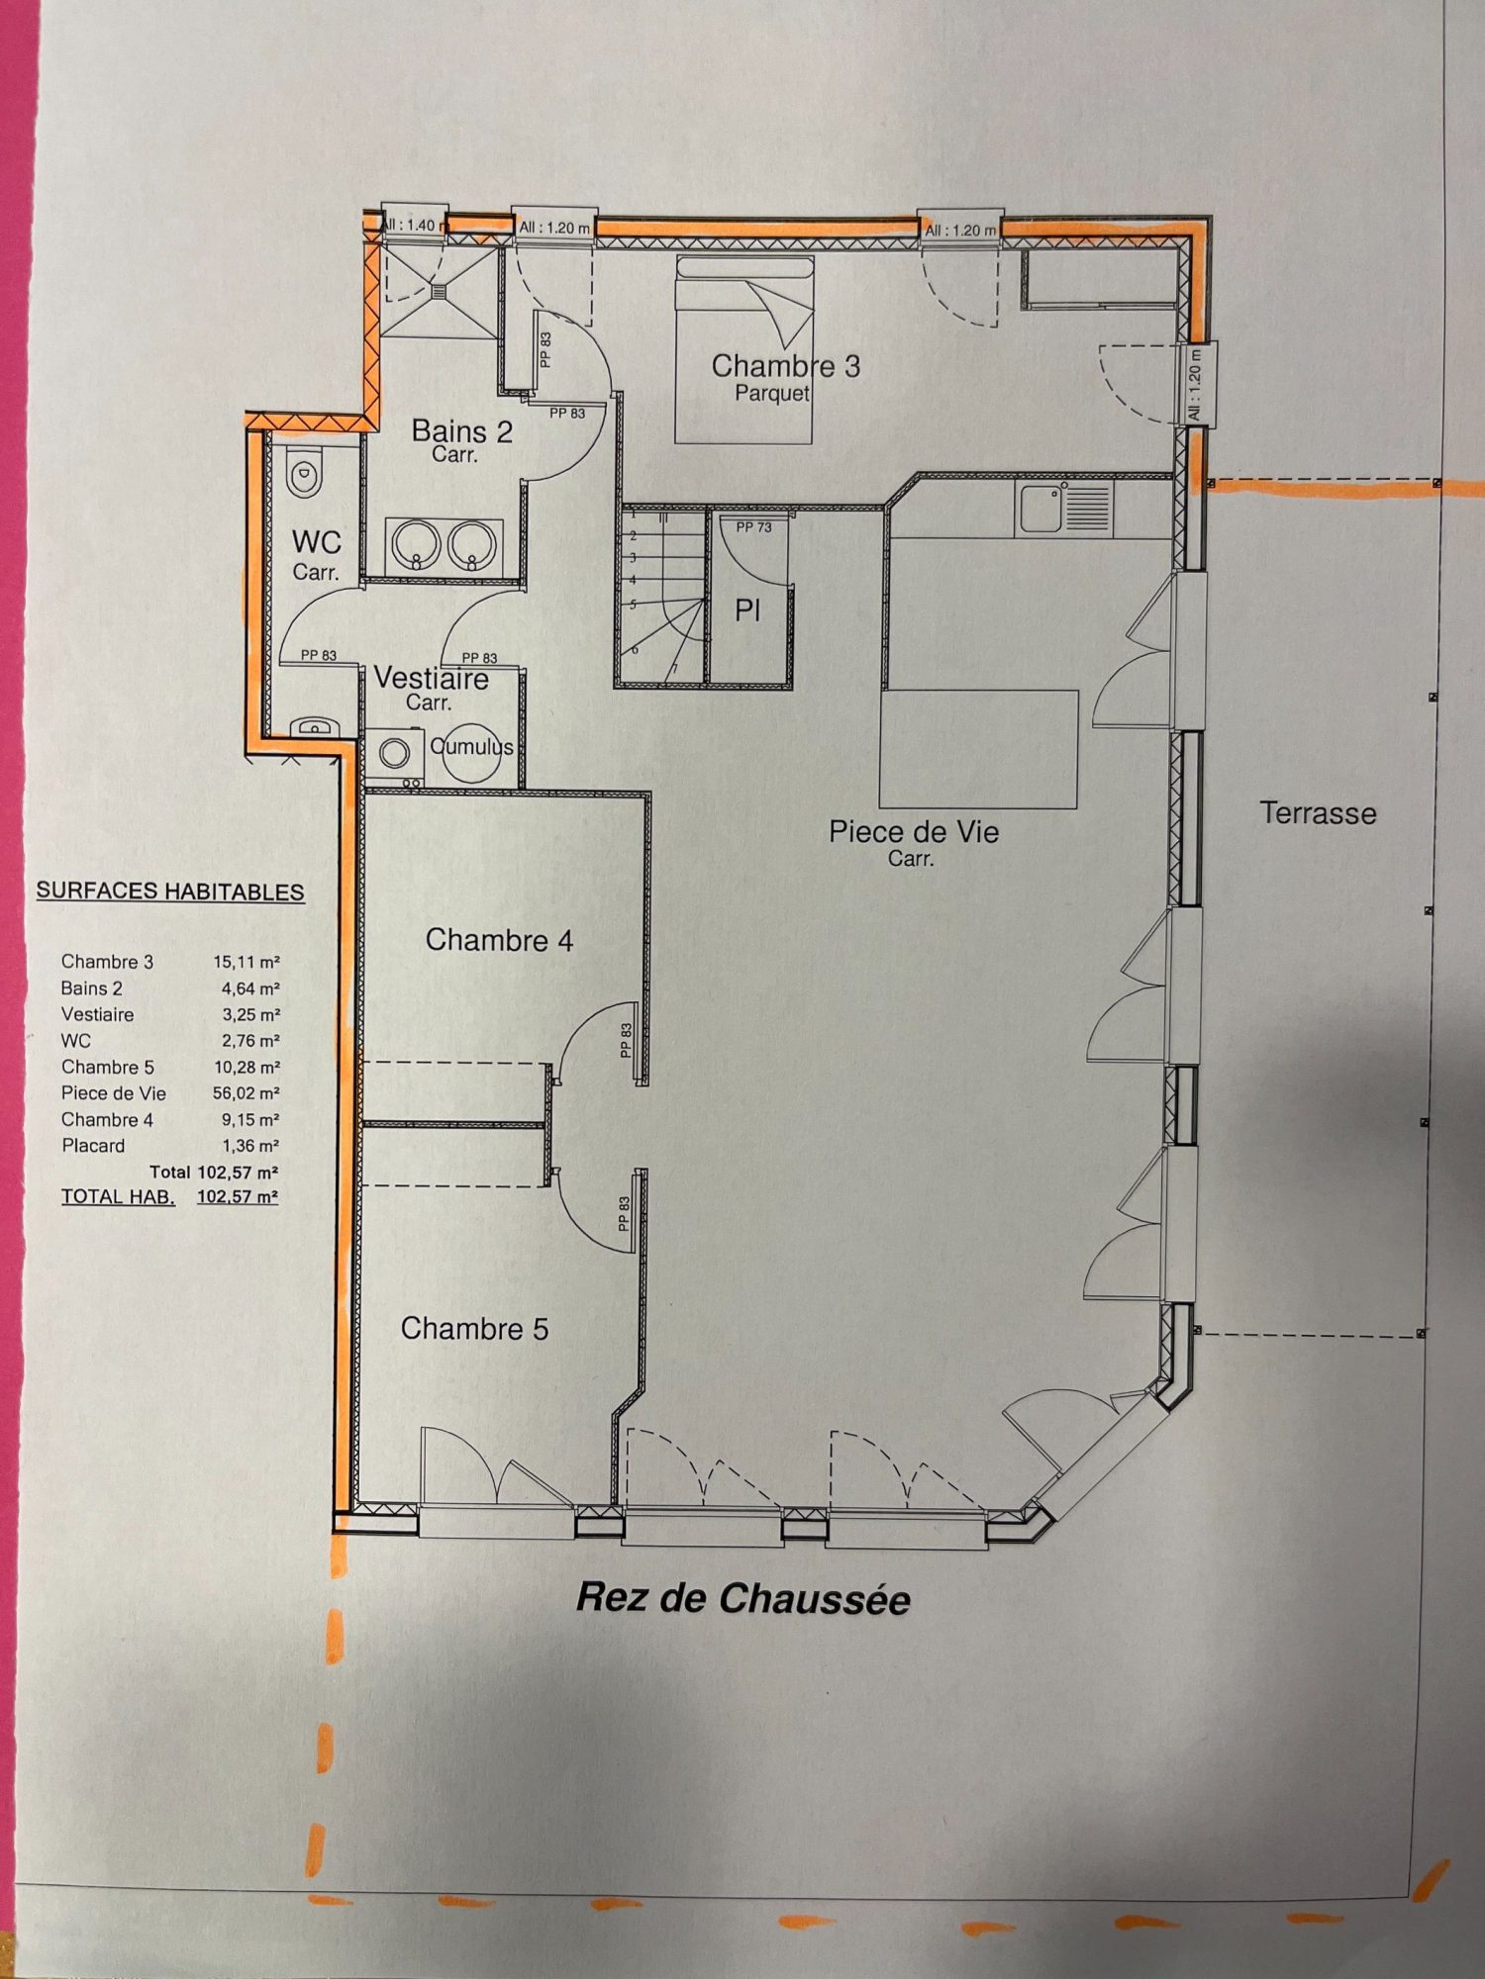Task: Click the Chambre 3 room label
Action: click(785, 366)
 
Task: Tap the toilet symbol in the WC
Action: click(304, 475)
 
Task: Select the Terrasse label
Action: click(1318, 813)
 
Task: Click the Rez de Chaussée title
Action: click(743, 1598)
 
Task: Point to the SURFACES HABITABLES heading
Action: click(170, 892)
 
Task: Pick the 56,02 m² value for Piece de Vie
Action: click(247, 1093)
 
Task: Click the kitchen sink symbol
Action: click(1063, 509)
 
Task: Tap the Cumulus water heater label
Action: click(471, 746)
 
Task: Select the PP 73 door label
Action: click(753, 527)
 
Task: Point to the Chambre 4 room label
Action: click(499, 939)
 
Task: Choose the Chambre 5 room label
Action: click(474, 1328)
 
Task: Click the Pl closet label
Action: click(747, 611)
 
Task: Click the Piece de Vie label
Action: click(914, 831)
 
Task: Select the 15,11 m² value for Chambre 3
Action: click(247, 962)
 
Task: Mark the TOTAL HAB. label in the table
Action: click(118, 1196)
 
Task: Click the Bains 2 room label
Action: click(461, 431)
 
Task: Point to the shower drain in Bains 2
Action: click(440, 291)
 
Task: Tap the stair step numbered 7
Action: click(674, 669)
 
